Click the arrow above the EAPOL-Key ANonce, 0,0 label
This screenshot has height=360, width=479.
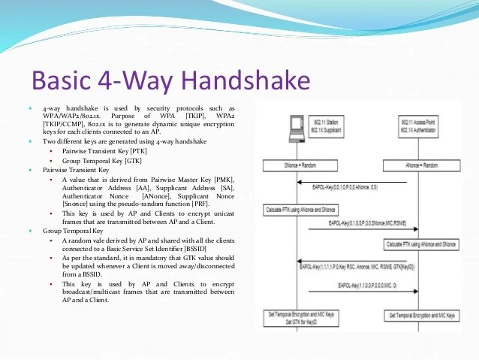(352, 183)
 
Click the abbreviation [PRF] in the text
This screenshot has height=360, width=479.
(198, 204)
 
